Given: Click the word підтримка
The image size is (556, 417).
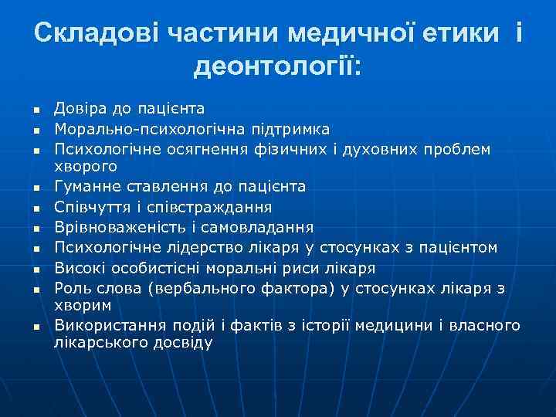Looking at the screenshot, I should pos(292,127).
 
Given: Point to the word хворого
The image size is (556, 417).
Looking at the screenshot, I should pos(86,165).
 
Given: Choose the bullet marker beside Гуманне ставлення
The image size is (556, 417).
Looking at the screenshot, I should pos(36,187).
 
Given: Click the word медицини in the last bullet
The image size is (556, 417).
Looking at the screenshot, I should pos(395,325).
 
